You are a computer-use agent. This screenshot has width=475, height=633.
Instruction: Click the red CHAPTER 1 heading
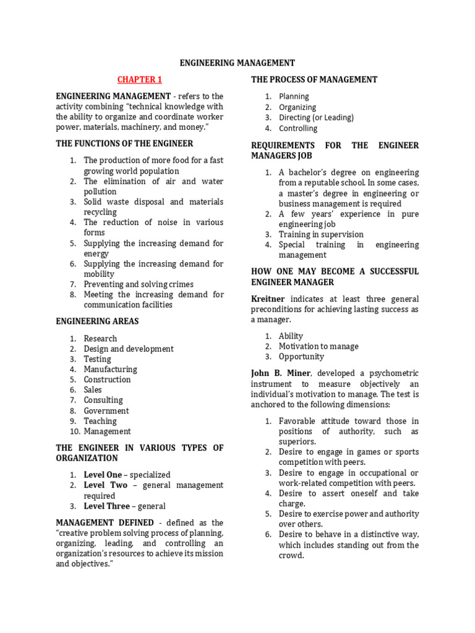pyautogui.click(x=140, y=80)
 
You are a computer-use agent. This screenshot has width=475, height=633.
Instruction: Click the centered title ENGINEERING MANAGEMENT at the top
pyautogui.click(x=237, y=63)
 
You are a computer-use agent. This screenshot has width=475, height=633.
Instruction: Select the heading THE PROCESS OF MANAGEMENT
pyautogui.click(x=314, y=80)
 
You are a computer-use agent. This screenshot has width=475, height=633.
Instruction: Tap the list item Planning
pyautogui.click(x=294, y=96)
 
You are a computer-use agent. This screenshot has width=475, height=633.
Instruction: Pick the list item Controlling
pyautogui.click(x=297, y=129)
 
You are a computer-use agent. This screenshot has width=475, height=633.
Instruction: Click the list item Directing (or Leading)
pyautogui.click(x=316, y=117)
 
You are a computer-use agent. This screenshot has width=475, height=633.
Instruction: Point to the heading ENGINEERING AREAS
pyautogui.click(x=97, y=321)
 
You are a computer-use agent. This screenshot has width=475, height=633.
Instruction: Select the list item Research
pyautogui.click(x=100, y=338)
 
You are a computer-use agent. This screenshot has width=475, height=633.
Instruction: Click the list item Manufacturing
pyautogui.click(x=111, y=369)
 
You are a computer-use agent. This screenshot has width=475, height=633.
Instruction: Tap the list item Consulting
pyautogui.click(x=103, y=400)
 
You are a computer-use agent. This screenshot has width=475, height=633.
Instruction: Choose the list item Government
pyautogui.click(x=106, y=410)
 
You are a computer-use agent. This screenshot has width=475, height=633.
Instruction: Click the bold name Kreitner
pyautogui.click(x=268, y=299)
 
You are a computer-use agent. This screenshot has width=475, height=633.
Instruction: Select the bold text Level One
pyautogui.click(x=103, y=475)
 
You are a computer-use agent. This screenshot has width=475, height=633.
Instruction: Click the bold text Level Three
pyautogui.click(x=107, y=506)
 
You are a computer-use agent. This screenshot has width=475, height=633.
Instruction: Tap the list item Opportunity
pyautogui.click(x=301, y=357)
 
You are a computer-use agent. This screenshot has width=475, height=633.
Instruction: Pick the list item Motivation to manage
pyautogui.click(x=319, y=346)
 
